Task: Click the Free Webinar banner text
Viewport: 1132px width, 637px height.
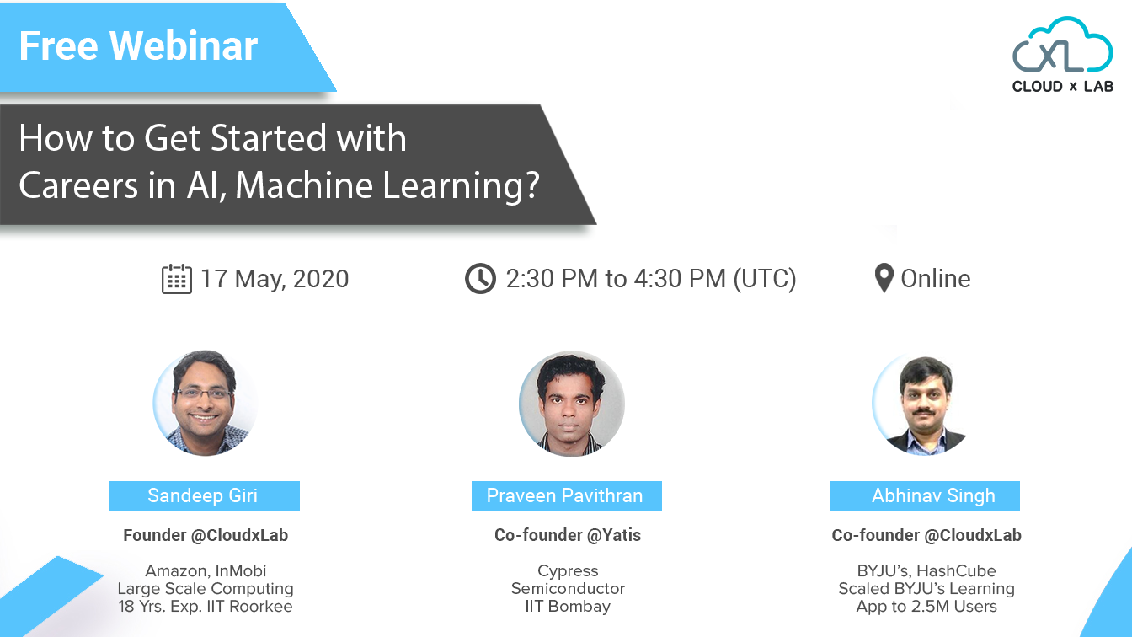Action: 138,45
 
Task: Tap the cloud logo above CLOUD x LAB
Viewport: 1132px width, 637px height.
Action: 1062,47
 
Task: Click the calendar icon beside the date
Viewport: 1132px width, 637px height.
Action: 176,279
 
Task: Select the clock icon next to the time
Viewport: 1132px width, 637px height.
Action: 480,279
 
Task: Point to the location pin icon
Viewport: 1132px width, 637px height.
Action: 884,278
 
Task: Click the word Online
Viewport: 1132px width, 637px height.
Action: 936,279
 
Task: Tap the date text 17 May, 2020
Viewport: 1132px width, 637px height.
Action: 275,279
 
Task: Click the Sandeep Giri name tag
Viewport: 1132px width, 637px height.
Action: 204,495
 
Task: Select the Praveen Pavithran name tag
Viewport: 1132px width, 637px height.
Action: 565,495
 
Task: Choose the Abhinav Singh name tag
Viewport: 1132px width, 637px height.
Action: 925,495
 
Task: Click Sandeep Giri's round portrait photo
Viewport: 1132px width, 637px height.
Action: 205,403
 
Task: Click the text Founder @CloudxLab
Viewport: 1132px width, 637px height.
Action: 206,535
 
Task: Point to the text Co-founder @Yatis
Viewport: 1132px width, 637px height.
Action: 568,535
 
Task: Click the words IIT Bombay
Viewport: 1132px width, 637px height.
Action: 568,607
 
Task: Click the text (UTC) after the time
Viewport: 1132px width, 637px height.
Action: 764,279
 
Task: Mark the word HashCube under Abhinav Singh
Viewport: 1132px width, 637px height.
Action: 958,570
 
